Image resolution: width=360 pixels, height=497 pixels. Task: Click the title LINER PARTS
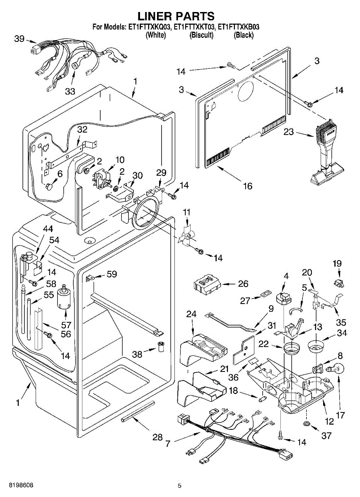tap(176, 16)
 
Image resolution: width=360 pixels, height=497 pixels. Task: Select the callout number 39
tap(19, 39)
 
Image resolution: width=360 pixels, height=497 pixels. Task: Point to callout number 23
tap(289, 133)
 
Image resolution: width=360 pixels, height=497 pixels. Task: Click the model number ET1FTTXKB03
tap(239, 27)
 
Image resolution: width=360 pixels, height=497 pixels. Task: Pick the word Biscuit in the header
tap(201, 35)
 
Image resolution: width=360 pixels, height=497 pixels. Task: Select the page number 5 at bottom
tap(179, 485)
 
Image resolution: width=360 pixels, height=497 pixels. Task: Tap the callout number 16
tap(247, 186)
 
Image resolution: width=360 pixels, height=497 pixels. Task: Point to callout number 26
tap(243, 284)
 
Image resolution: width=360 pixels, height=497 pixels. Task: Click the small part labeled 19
tap(339, 283)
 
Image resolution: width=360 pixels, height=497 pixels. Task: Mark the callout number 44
tap(48, 229)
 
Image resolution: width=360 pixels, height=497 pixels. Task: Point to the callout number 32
tap(82, 129)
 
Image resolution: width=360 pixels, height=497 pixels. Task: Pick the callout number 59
tap(111, 274)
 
